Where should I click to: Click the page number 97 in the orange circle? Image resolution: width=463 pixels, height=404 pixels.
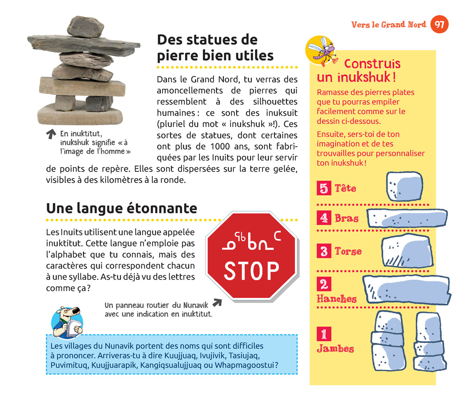coord(439,24)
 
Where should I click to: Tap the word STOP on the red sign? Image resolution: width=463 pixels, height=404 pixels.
coord(251,271)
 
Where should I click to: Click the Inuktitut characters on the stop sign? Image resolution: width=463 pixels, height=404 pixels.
coord(251,241)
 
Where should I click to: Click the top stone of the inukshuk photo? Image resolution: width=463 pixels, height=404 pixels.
coord(85,27)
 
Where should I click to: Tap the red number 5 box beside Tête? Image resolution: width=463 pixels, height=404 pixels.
coord(324,188)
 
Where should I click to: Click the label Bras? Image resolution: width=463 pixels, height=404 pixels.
coord(346,218)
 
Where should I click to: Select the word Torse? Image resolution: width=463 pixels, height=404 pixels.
coord(348,251)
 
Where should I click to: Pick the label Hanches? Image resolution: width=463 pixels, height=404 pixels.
coord(337,298)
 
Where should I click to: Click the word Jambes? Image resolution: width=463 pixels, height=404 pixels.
coord(335,348)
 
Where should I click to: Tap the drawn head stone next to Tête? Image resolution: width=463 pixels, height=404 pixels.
coord(405,186)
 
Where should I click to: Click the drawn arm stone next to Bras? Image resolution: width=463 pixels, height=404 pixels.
coord(407,218)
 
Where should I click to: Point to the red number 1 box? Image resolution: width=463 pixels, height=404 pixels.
coord(324,334)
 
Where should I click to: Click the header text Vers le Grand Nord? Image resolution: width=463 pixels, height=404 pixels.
coord(388,25)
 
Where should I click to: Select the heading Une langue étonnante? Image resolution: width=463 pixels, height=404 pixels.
coord(122,208)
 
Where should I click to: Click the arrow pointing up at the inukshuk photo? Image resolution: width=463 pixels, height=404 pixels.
coord(51,134)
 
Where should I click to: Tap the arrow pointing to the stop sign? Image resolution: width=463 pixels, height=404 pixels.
coord(217,302)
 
